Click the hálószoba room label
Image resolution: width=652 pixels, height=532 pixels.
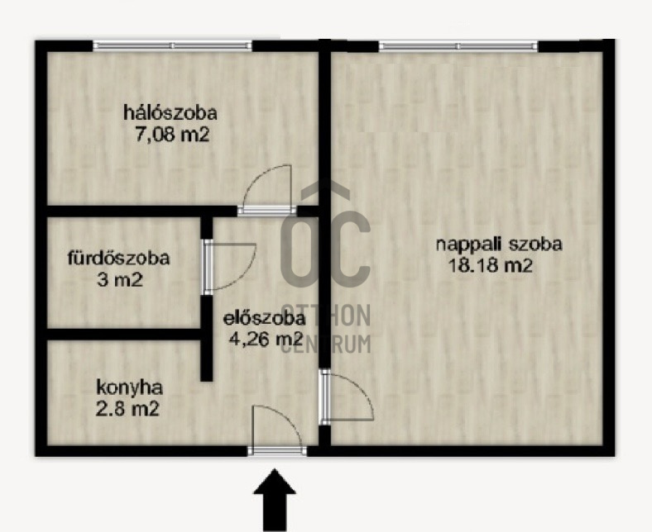tap(170, 113)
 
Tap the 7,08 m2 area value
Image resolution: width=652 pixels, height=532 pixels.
tap(172, 135)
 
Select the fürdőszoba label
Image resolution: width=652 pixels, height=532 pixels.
tap(119, 258)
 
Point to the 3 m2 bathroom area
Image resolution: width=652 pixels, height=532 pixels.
tap(120, 279)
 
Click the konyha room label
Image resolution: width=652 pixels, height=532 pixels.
tap(129, 388)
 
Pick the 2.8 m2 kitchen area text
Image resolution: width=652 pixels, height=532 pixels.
tap(127, 410)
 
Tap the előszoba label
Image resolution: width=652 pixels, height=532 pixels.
tap(265, 319)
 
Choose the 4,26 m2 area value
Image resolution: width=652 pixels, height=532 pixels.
tap(266, 340)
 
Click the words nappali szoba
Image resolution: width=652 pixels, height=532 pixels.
tap(499, 245)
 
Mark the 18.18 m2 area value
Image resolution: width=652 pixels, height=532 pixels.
tap(491, 266)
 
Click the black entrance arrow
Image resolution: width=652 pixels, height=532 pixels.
tap(275, 500)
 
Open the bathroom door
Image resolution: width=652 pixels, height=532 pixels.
tap(228, 267)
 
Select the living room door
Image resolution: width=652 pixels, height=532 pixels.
tap(347, 397)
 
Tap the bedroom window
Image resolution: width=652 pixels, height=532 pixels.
tap(173, 45)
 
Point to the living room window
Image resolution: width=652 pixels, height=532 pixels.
tap(458, 45)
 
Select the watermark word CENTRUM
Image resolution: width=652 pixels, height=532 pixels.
tap(326, 344)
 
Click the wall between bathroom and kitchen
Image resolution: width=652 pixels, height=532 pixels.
tap(124, 335)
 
